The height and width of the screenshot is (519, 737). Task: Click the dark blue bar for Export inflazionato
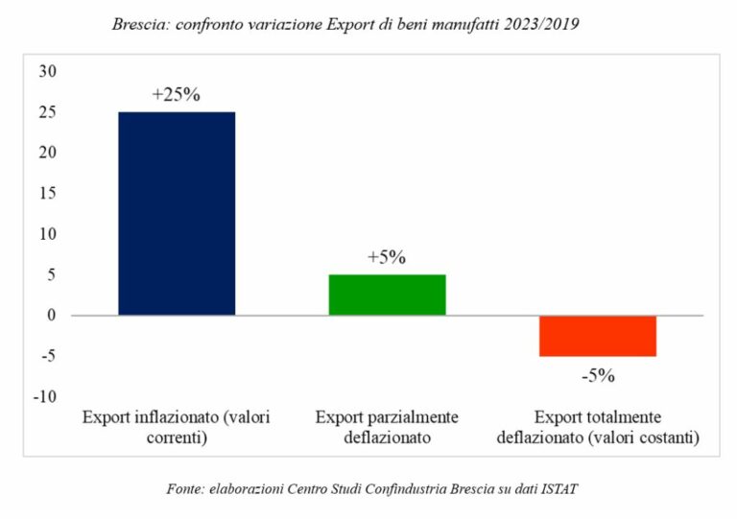tap(177, 213)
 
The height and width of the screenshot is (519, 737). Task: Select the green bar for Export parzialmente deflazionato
tap(387, 295)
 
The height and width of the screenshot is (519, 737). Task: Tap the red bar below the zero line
tap(597, 336)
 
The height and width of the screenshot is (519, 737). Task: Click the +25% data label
tap(176, 96)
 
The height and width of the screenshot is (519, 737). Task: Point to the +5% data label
tap(387, 257)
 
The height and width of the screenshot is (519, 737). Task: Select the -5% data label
tap(597, 375)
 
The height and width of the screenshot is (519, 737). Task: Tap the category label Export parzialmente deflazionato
tap(387, 428)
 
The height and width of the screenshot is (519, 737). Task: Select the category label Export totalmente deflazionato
tap(597, 428)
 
